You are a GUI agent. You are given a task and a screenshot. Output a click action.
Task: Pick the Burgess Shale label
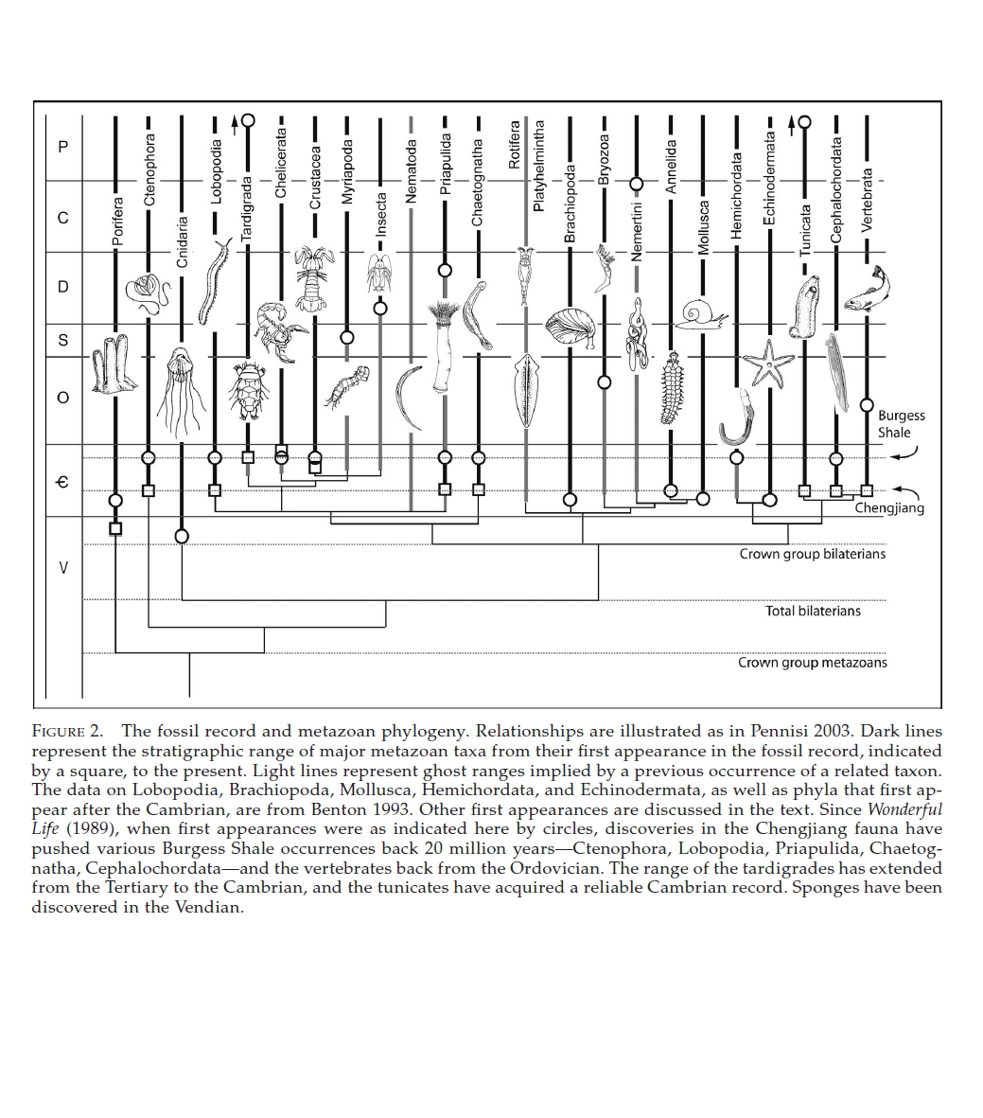point(900,424)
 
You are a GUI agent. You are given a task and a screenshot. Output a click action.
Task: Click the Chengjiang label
point(888,508)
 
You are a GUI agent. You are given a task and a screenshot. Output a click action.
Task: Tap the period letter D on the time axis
point(63,287)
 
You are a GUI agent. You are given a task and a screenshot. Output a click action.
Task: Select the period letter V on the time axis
point(63,567)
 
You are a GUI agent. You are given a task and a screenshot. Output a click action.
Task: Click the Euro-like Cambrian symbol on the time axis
point(63,482)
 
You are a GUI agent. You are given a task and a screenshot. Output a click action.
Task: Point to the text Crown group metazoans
point(812,663)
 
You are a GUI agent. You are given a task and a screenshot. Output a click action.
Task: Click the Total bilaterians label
point(813,612)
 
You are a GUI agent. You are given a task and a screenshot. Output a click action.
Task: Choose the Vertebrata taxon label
point(868,199)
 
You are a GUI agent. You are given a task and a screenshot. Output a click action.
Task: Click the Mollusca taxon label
point(703,227)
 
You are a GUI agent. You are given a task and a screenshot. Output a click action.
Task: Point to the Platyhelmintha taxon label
point(539,166)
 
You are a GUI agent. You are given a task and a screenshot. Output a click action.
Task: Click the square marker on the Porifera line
point(115,528)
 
